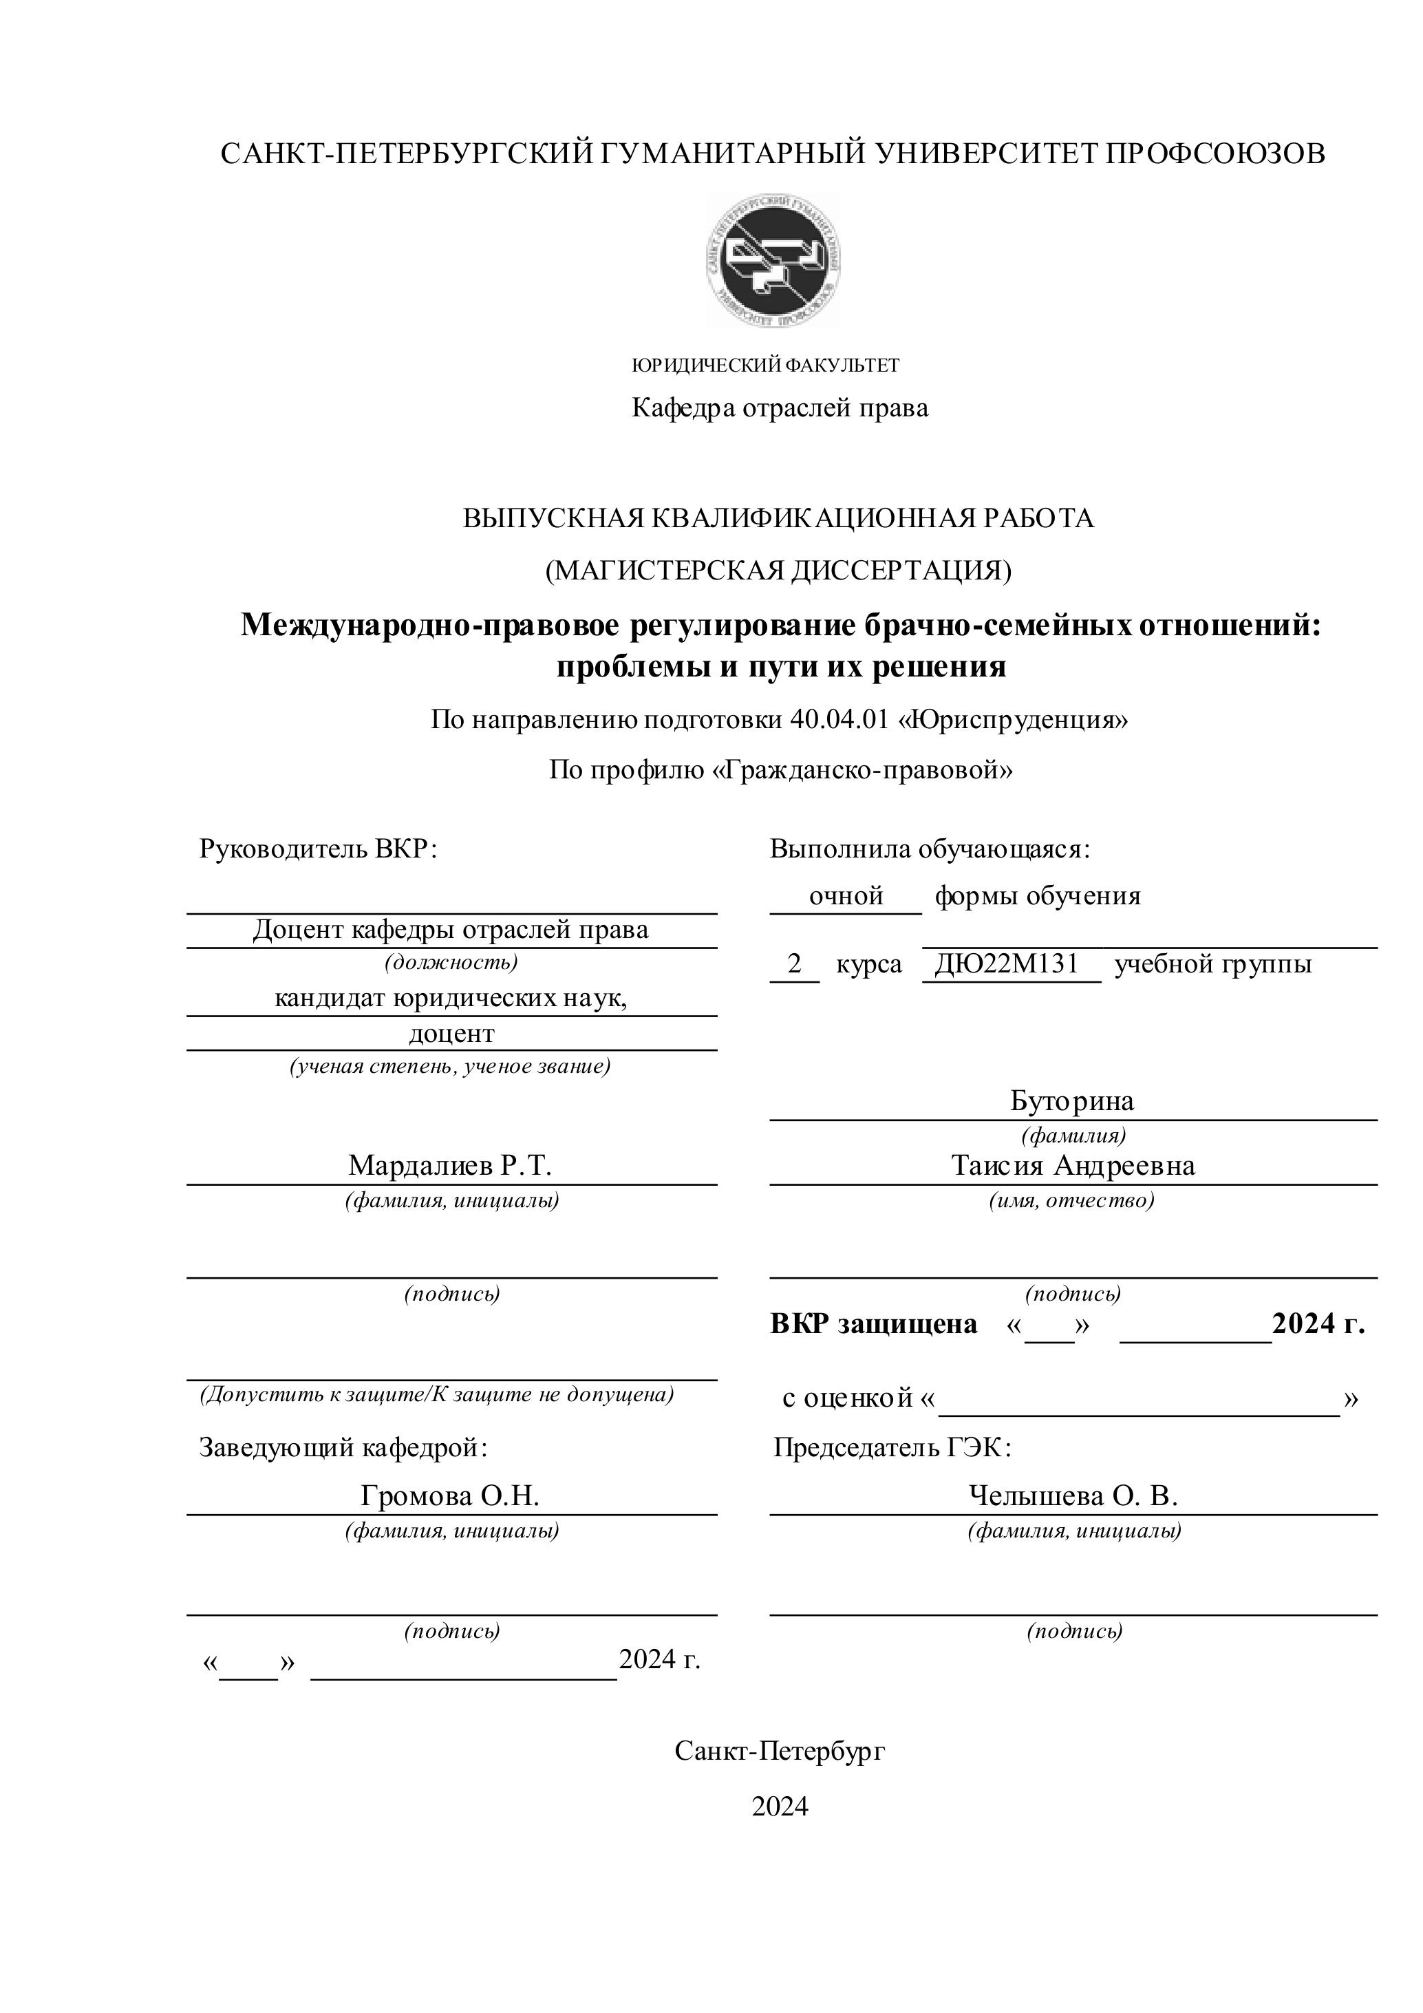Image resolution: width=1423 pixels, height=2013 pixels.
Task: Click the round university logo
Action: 773,260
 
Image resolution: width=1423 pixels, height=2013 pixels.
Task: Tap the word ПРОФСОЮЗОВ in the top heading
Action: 1213,153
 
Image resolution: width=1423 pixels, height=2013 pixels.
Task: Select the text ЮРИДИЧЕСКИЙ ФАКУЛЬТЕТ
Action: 765,365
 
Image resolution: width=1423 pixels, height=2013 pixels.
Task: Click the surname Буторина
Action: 1071,1100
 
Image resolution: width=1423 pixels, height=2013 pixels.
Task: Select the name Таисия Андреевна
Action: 1072,1165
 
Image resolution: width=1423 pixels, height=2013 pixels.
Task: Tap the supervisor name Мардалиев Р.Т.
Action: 450,1165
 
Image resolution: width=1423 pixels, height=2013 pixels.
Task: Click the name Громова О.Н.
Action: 450,1495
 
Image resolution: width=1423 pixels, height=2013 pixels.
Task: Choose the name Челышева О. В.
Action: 1072,1495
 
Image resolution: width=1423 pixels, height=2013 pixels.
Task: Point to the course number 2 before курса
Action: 794,963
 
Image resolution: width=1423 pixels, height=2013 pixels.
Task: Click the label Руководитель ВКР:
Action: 317,849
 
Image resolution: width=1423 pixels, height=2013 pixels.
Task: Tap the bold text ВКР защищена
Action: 873,1324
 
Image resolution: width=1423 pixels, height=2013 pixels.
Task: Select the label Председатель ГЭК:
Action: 892,1447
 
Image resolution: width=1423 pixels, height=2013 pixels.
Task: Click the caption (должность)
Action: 451,962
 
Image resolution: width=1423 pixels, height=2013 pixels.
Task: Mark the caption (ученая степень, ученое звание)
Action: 450,1066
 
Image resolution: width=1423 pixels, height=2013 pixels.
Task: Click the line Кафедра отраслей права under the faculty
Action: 780,407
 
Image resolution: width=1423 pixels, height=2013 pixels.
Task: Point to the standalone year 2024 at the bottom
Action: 780,1807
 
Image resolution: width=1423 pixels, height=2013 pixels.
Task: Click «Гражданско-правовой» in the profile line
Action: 864,770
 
